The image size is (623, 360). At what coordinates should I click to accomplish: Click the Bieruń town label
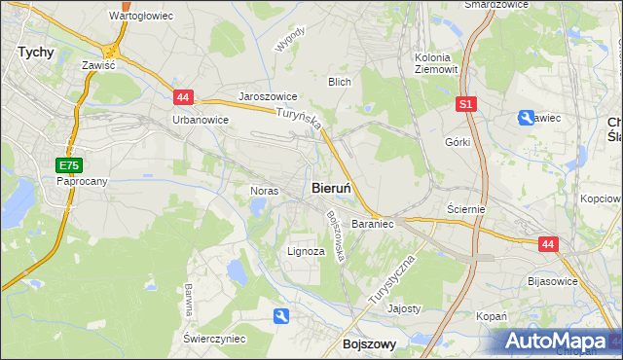click(x=337, y=187)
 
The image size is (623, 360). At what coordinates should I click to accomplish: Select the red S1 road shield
click(x=466, y=103)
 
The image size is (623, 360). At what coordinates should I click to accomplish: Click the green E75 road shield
click(x=67, y=165)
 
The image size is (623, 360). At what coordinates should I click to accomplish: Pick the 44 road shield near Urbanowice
click(x=183, y=96)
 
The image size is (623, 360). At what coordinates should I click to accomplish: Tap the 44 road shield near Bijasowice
click(x=548, y=245)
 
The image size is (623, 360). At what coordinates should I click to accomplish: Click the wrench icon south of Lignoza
click(x=281, y=315)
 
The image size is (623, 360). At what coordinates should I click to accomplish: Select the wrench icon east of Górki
click(x=526, y=118)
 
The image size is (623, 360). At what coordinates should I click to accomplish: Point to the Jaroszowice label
click(x=268, y=98)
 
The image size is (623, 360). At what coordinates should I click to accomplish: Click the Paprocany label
click(x=80, y=181)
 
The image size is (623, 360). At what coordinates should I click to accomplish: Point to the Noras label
click(x=265, y=191)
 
